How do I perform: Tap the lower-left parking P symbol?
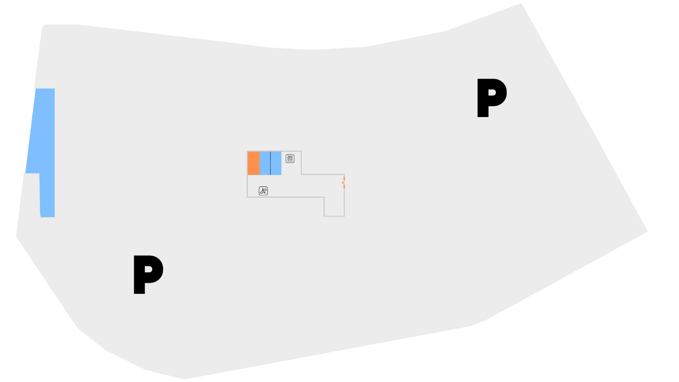pos(148,274)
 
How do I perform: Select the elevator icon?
pos(290,159)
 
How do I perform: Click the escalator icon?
pos(263,191)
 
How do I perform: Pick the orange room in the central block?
pos(254,163)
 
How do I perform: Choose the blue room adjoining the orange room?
pos(265,163)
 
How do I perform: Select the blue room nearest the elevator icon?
pos(276,163)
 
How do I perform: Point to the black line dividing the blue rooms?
pos(271,163)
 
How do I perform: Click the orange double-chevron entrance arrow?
pos(343,183)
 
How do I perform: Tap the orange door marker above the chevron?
pos(344,178)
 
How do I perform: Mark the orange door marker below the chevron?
pos(344,186)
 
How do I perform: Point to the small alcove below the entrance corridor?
pos(334,207)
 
